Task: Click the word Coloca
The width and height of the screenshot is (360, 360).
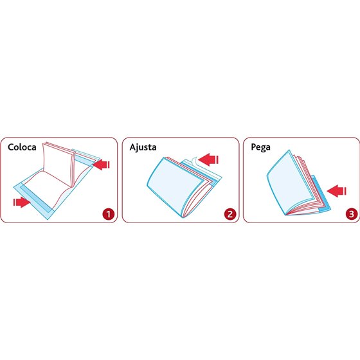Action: point(22,147)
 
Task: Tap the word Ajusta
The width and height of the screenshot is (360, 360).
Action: point(143,147)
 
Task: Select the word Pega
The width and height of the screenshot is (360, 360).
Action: point(260,147)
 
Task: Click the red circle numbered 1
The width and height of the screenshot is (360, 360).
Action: point(109,214)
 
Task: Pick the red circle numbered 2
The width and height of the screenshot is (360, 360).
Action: point(230,214)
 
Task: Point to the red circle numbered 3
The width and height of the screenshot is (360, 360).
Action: point(352,214)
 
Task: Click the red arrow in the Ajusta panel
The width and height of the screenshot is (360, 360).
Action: point(208,159)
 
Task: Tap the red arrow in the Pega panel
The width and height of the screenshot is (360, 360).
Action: point(336,191)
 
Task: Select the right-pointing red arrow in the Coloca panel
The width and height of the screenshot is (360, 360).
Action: point(22,202)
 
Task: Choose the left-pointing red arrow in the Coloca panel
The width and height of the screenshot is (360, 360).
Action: point(102,165)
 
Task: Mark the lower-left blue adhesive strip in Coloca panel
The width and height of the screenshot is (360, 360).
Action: point(35,199)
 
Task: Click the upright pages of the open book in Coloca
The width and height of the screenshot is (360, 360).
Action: point(58,163)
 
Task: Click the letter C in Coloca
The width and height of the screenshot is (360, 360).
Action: point(10,147)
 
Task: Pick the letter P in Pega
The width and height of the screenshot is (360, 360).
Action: point(253,147)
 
